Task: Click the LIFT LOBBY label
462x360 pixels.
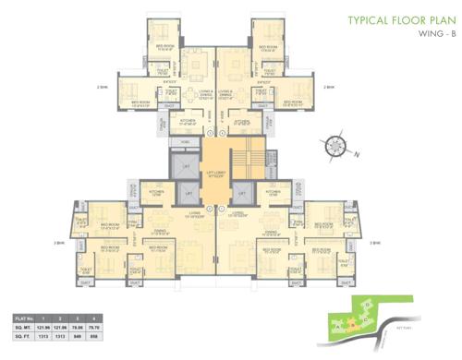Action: click(x=215, y=174)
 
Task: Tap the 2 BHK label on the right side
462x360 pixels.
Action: click(x=329, y=87)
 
